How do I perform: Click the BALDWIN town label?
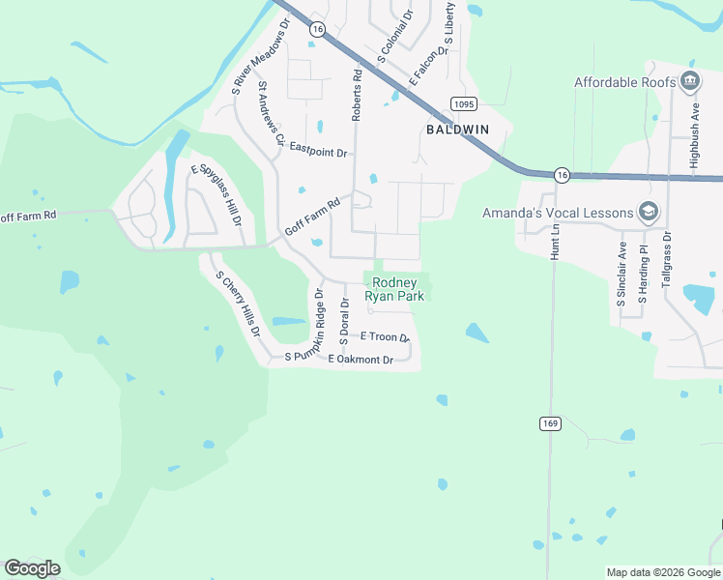(458, 129)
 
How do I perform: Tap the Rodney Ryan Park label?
(395, 290)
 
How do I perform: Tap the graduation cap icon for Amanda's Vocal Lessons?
(649, 212)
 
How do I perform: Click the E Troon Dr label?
(385, 336)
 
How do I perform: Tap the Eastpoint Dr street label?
(318, 152)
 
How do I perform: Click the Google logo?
(32, 568)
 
